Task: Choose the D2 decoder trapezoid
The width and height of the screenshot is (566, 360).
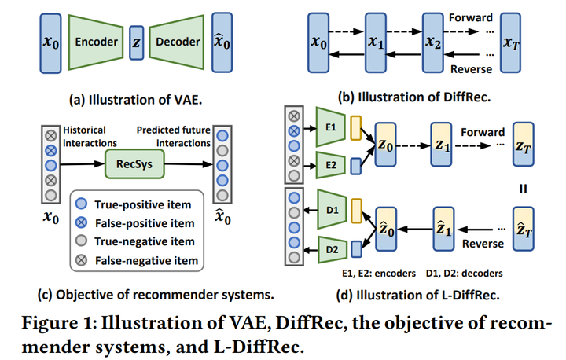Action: click(x=333, y=250)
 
